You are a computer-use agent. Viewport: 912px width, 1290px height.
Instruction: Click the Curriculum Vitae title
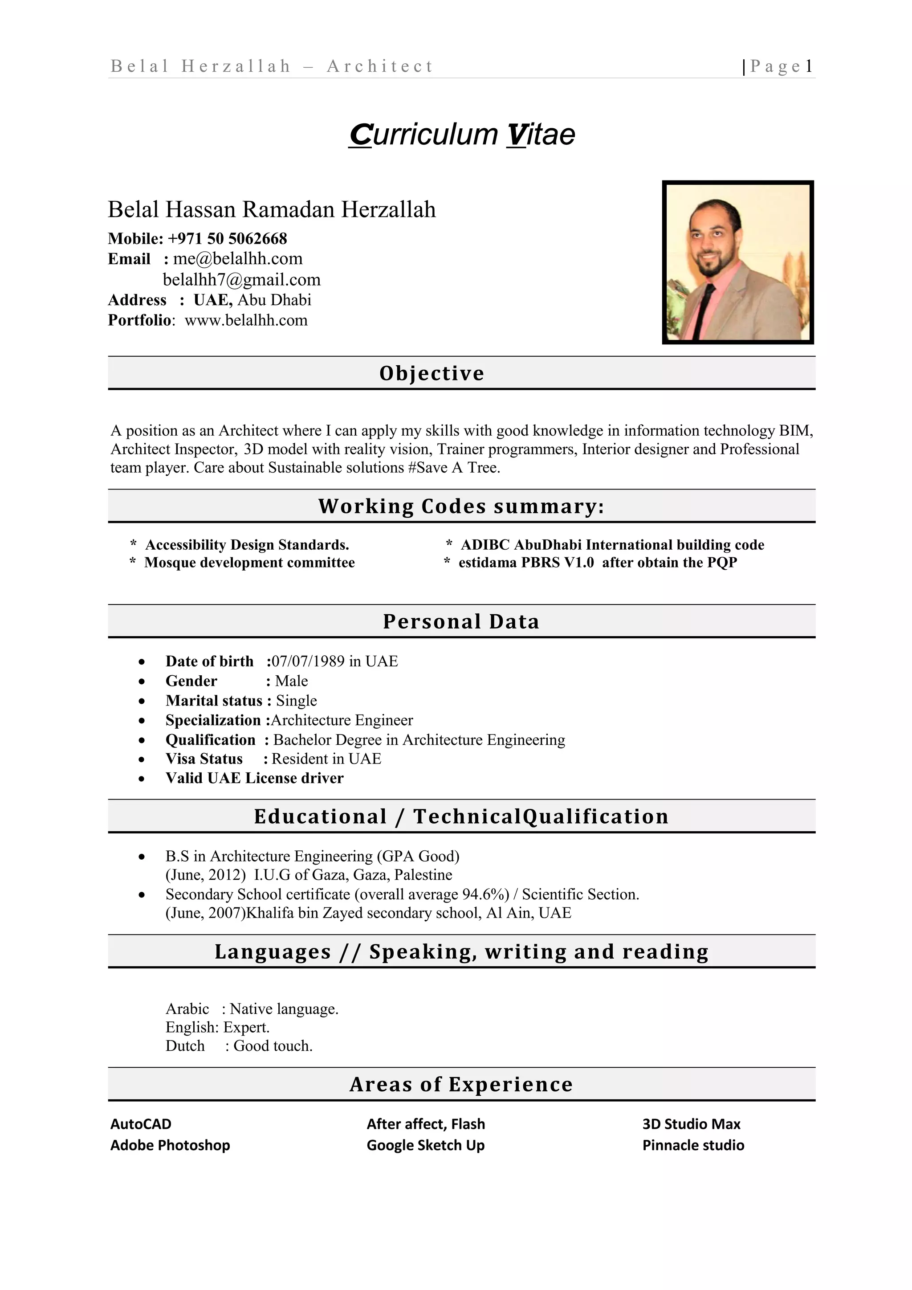pos(462,135)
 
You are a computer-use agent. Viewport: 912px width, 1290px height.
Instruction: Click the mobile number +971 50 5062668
pos(228,239)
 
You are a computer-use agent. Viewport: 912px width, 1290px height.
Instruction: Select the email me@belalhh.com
pos(237,259)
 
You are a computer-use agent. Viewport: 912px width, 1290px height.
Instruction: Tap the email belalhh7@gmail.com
pos(241,280)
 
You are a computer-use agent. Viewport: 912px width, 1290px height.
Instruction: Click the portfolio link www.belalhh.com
pos(246,320)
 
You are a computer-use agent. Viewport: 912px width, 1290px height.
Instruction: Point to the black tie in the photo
pos(705,309)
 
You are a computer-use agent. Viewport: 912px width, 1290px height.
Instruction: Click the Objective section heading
pos(432,373)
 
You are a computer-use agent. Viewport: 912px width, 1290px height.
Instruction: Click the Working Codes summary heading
pos(461,506)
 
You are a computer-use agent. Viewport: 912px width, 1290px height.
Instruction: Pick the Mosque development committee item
pos(249,563)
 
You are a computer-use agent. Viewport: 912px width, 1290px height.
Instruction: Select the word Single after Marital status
pos(297,701)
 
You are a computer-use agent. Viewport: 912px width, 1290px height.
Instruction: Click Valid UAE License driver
pos(254,778)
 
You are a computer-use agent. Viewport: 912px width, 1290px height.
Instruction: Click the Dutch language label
pos(185,1045)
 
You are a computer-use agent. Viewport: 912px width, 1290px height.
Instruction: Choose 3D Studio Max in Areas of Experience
pos(691,1124)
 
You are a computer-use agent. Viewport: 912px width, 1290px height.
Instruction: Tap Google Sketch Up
pos(425,1145)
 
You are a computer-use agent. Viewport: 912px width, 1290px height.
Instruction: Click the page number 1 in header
pos(809,66)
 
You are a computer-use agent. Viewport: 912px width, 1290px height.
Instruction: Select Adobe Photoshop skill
pos(170,1145)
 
